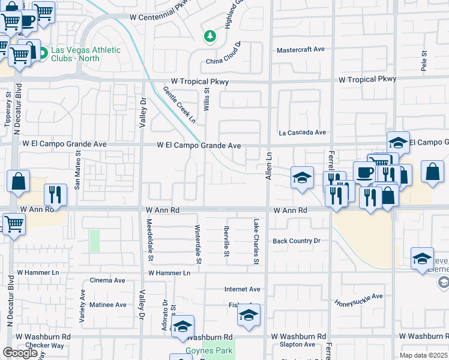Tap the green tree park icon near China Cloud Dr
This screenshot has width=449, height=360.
point(209,37)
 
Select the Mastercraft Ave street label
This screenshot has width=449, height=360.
point(300,50)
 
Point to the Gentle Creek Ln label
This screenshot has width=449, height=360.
point(179,105)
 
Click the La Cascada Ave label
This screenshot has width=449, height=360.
point(301,133)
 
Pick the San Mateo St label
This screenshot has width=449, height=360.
point(77,171)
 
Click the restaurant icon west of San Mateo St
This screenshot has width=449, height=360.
point(55,194)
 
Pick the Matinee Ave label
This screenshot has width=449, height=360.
point(108,305)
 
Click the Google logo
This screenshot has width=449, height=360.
point(20,353)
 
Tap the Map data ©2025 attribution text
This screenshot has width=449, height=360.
point(423,355)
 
